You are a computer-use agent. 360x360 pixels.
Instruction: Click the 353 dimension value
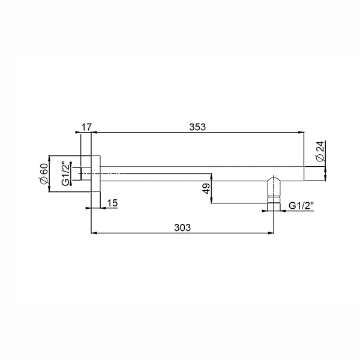click(197, 127)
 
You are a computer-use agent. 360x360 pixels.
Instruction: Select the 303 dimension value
click(182, 227)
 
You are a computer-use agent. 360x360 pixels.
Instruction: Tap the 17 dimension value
click(86, 127)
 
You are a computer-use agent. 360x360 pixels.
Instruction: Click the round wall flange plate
click(94, 173)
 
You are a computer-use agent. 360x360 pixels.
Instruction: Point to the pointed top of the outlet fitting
click(274, 178)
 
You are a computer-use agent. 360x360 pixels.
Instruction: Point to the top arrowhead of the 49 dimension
click(211, 176)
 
